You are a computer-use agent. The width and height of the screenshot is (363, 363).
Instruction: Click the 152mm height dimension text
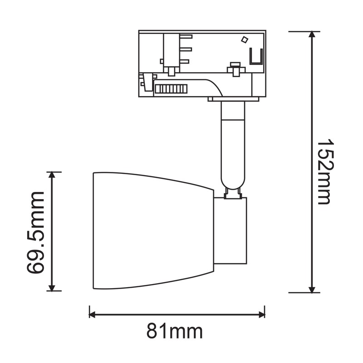pos(325,171)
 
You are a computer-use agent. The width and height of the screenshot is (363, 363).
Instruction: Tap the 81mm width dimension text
pos(174,332)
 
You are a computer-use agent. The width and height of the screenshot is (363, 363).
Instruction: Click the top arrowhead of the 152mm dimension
pos(312,35)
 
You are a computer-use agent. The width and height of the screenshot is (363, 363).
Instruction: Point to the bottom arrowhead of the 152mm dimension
pos(312,289)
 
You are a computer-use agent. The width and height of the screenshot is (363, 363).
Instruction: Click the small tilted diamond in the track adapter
pos(244,40)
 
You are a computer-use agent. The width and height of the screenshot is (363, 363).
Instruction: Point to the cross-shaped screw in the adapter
pos(235,69)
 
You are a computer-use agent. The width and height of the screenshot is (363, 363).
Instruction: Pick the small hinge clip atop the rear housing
pos(232,194)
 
